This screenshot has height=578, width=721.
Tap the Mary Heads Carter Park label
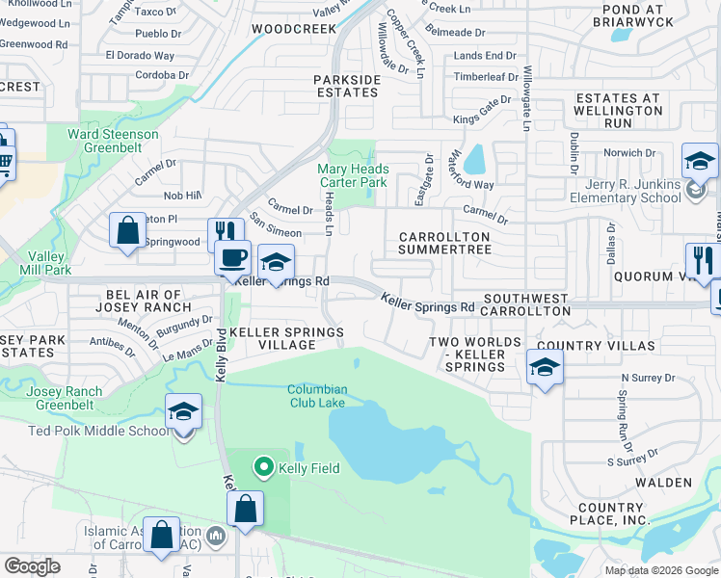[x=353, y=175]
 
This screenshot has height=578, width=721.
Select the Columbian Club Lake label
[x=316, y=396]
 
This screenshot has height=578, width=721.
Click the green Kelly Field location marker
[x=262, y=468]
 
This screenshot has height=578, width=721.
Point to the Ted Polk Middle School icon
[x=183, y=411]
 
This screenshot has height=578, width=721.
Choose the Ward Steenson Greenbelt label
[x=113, y=142]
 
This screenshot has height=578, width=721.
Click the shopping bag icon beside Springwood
[x=127, y=231]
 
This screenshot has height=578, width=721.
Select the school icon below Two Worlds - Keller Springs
[x=545, y=367]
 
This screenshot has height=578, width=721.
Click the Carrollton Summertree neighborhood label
[x=445, y=243]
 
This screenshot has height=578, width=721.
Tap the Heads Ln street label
[x=328, y=214]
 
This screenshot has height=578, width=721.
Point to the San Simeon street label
[x=276, y=226]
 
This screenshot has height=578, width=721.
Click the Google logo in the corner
[x=32, y=566]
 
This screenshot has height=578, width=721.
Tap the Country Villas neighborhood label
[x=596, y=346]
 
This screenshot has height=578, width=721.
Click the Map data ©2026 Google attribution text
[x=660, y=569]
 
